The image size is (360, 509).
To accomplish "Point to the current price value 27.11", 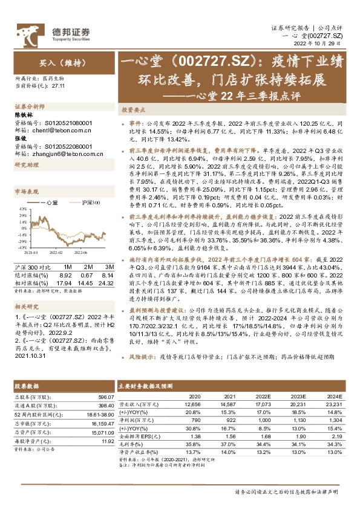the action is pyautogui.click(x=59, y=86).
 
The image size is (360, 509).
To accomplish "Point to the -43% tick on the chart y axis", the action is pyautogui.click(x=21, y=247).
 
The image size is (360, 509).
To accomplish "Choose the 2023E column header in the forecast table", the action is pyautogui.click(x=299, y=397).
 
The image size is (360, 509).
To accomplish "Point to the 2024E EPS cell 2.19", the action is pyautogui.click(x=335, y=435).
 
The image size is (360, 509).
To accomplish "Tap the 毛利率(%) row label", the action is pyautogui.click(x=131, y=443).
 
